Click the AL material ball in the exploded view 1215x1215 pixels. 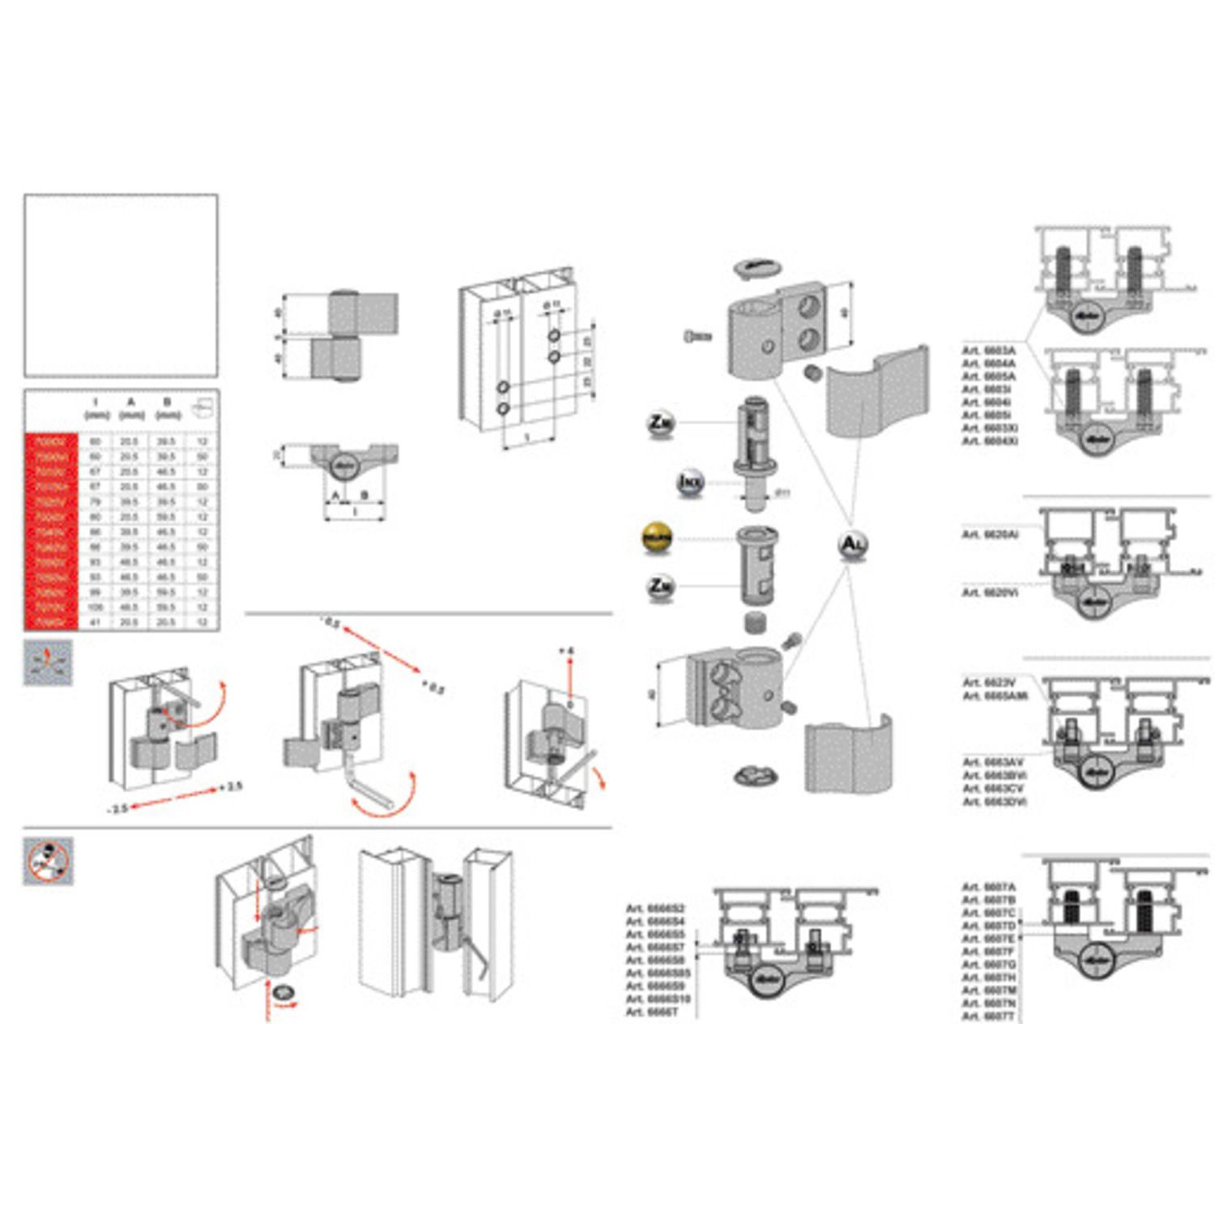[x=852, y=544]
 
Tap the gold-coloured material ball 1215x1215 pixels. [x=657, y=538]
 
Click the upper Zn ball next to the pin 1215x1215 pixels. [x=661, y=423]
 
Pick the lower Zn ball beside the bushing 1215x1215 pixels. [x=661, y=586]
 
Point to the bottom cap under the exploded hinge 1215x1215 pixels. [x=756, y=776]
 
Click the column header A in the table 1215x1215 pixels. [x=130, y=402]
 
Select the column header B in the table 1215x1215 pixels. [x=167, y=402]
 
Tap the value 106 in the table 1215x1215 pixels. [x=96, y=607]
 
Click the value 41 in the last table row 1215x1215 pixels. [x=96, y=622]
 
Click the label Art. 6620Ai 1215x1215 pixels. [x=991, y=535]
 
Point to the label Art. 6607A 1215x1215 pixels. [x=989, y=887]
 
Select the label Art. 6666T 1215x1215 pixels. [x=652, y=1013]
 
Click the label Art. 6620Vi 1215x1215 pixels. [x=991, y=593]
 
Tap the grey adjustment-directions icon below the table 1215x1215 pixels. [x=48, y=663]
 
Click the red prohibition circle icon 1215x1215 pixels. [x=47, y=861]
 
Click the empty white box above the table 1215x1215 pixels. [x=121, y=285]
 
